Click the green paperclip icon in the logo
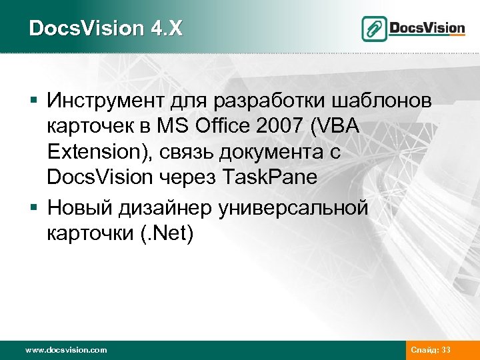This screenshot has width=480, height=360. [375, 29]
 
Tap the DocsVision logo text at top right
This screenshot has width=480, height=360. [427, 28]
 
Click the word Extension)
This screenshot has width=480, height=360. [99, 153]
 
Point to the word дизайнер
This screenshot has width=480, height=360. [166, 207]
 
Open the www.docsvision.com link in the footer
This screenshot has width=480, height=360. [65, 349]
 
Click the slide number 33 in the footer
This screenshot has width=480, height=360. [464, 349]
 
